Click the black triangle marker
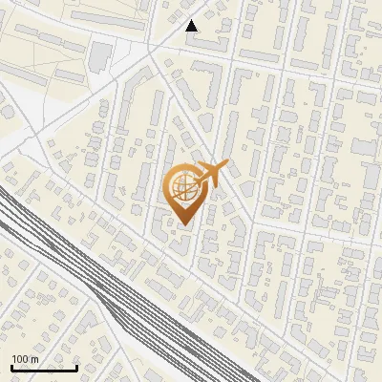pyautogui.click(x=192, y=26)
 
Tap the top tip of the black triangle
pyautogui.click(x=192, y=20)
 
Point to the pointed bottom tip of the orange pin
pyautogui.click(x=181, y=224)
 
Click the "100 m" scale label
pyautogui.click(x=25, y=359)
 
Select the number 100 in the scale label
pyautogui.click(x=20, y=359)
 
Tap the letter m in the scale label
pyautogui.click(x=34, y=359)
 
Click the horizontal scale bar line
pyautogui.click(x=44, y=368)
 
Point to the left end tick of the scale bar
pyautogui.click(x=11, y=366)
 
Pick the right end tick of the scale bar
pyautogui.click(x=76, y=366)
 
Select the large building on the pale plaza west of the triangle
pyautogui.click(x=99, y=57)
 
